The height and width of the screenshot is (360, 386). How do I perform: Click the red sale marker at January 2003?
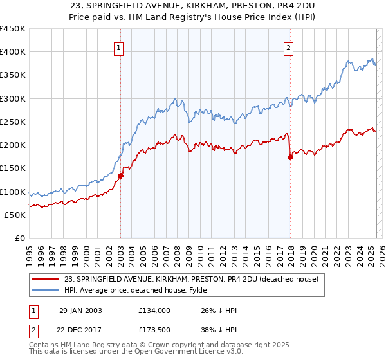[120, 175]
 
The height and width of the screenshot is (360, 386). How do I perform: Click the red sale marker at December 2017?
[290, 156]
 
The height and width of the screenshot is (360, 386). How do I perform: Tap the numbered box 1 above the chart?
[120, 47]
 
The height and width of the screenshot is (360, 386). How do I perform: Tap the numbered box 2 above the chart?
[289, 47]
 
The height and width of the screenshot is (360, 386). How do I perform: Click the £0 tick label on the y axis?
[20, 238]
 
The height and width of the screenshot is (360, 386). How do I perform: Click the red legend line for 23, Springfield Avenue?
[46, 278]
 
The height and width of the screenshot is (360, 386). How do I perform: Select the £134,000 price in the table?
[154, 310]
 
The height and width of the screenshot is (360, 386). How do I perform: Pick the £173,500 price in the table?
[154, 332]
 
